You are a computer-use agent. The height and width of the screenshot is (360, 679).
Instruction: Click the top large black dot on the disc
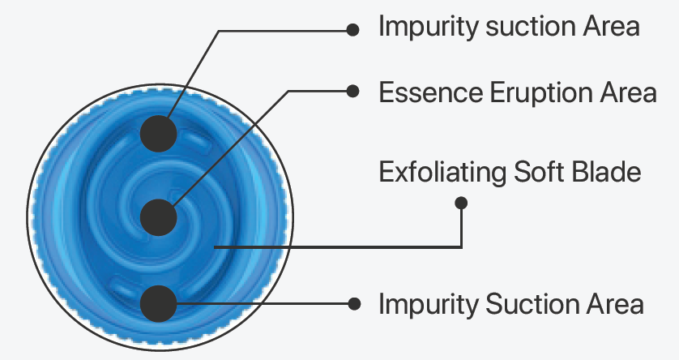click(159, 133)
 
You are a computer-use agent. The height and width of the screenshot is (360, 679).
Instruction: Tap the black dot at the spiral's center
click(159, 217)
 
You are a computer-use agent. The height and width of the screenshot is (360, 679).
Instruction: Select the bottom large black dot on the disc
click(159, 304)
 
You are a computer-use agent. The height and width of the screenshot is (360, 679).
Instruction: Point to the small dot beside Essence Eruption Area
click(352, 91)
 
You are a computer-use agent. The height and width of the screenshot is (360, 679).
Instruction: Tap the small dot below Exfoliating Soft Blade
click(461, 202)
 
